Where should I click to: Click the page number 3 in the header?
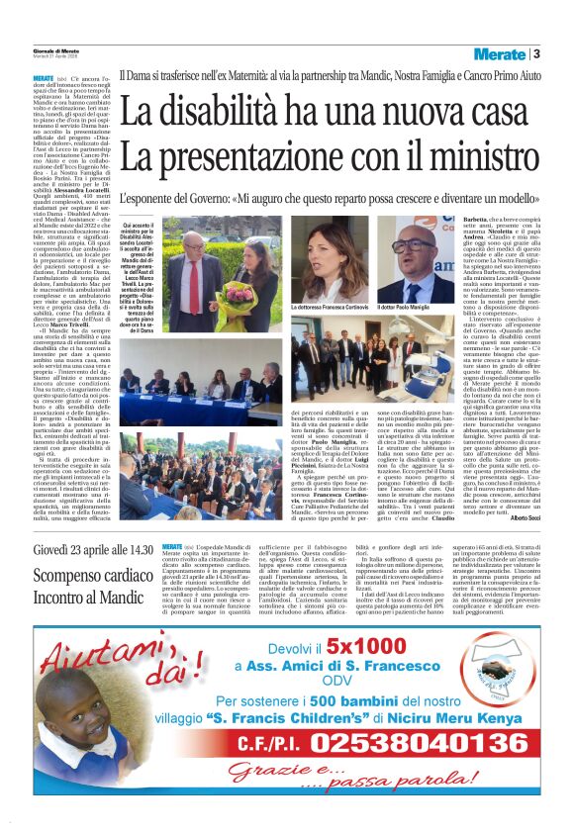[x=535, y=53]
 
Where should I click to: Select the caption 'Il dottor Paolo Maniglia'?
[x=415, y=310]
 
